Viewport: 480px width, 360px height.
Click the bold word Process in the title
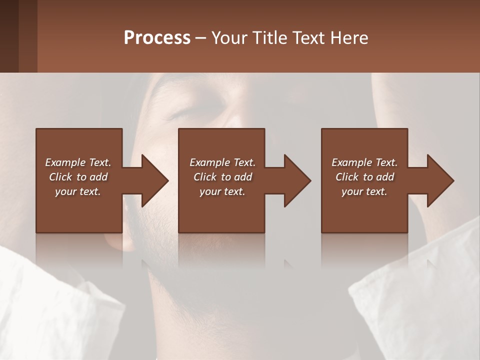click(157, 38)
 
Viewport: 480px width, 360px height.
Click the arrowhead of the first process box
click(154, 180)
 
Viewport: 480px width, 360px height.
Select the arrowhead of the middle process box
click(297, 180)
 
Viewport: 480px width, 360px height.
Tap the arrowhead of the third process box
click(440, 180)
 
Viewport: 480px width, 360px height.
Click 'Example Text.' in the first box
click(78, 162)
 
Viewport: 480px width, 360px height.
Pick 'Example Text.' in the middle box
click(222, 162)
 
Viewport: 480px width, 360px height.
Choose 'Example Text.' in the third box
click(364, 162)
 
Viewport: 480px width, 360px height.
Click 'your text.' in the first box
click(78, 191)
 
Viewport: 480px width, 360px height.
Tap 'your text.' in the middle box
click(222, 191)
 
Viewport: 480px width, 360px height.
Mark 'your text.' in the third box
click(364, 191)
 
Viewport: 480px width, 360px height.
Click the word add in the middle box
click(243, 177)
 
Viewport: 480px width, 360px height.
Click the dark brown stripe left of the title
click(9, 36)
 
